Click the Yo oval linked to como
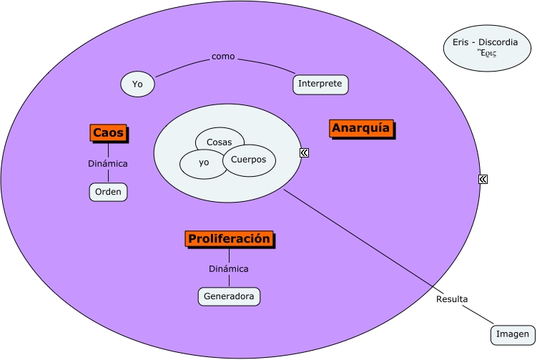pos(137,84)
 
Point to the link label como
pos(223,57)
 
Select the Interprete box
pos(320,84)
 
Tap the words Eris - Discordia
pos(486,42)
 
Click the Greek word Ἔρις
pos(487,53)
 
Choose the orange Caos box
pos(108,133)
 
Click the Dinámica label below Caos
pos(108,164)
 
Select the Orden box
pos(109,192)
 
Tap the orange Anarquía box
pos(361,128)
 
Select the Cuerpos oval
pos(249,160)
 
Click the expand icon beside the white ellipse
pos(304,152)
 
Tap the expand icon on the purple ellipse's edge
pos(483,179)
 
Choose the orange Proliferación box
pos(229,238)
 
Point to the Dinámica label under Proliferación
pos(229,269)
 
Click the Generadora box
pos(229,296)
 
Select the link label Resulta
pos(452,299)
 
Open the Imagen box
pos(513,334)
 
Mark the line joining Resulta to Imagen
pos(478,315)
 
